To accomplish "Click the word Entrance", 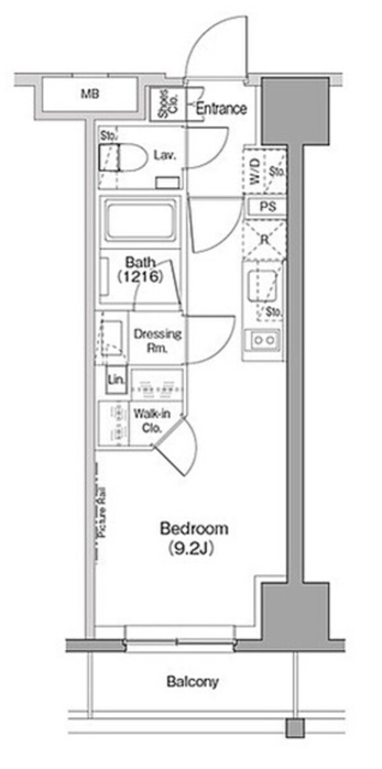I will (x=221, y=108).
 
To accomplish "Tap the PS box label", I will (x=266, y=207).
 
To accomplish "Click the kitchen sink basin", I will (x=262, y=282).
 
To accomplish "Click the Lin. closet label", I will (x=117, y=379).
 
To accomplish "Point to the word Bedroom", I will (x=194, y=528).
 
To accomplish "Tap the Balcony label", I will (x=192, y=682).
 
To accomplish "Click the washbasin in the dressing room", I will (x=113, y=335).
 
